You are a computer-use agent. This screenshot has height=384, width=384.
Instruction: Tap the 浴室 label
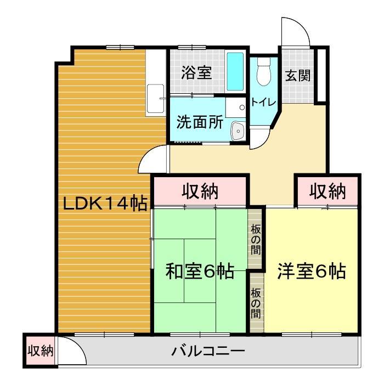click(x=196, y=72)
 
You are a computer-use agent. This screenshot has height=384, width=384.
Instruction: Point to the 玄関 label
click(x=297, y=75)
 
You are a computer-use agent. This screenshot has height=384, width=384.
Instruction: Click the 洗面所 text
click(x=199, y=122)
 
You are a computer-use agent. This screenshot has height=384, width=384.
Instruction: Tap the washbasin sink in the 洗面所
click(x=238, y=131)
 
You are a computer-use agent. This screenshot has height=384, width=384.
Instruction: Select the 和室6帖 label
click(x=200, y=271)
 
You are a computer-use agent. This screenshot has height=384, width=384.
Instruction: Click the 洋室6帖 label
click(x=312, y=271)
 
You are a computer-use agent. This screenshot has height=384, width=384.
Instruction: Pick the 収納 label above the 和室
click(x=200, y=192)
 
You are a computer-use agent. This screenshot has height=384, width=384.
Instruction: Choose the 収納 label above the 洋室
click(x=327, y=191)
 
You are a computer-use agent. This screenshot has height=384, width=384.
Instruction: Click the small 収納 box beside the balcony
click(x=39, y=350)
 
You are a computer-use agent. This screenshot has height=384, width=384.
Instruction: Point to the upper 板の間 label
click(x=256, y=240)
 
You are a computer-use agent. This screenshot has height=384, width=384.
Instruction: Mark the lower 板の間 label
click(x=256, y=304)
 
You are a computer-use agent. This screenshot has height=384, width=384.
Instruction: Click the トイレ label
click(x=263, y=102)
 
